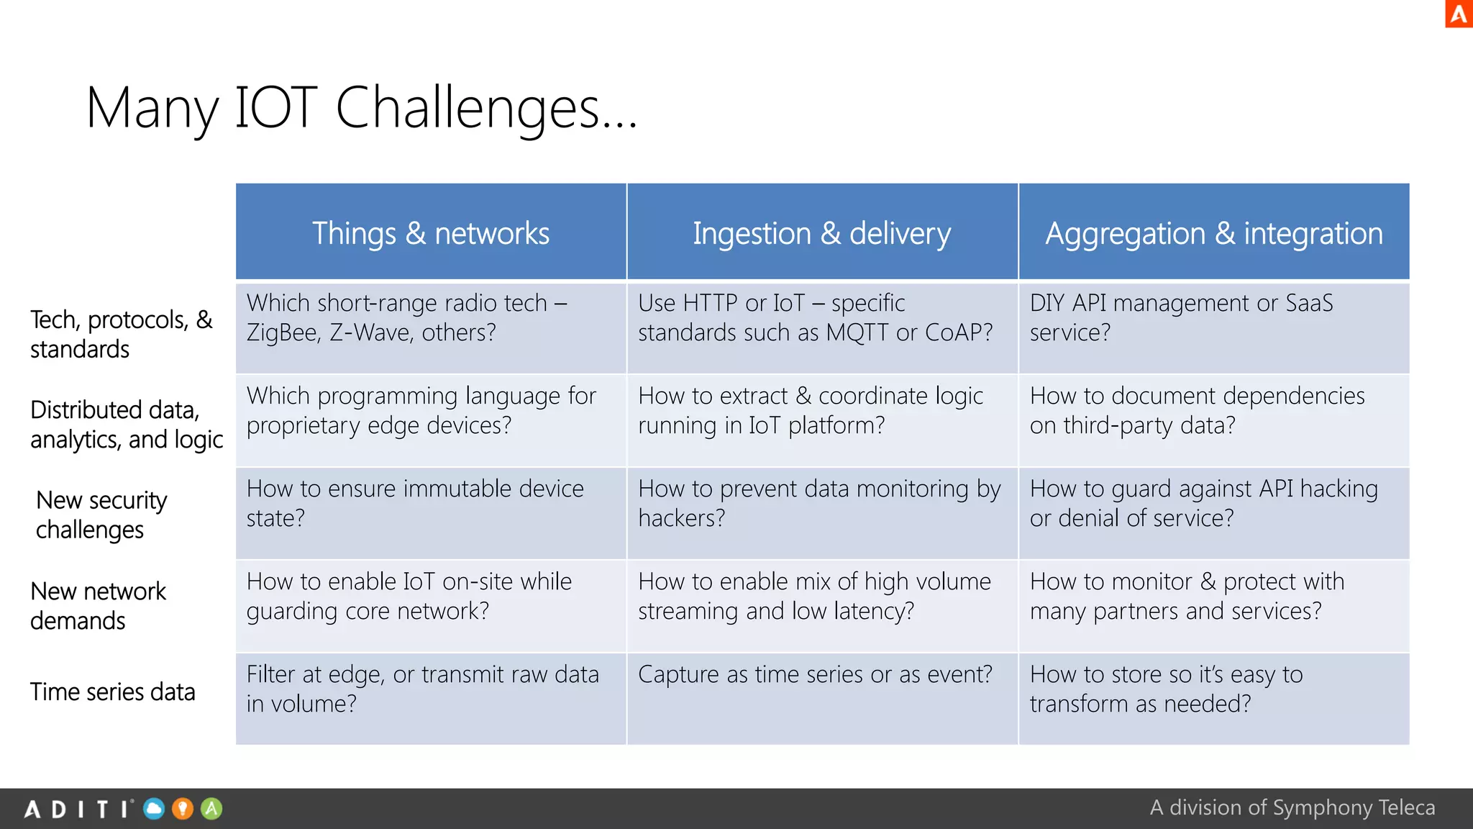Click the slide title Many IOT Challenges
(x=361, y=108)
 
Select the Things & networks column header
(x=430, y=233)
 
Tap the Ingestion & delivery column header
(x=821, y=233)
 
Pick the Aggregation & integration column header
(x=1213, y=233)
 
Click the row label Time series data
(x=113, y=692)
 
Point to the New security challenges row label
(x=101, y=515)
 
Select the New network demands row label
(x=98, y=605)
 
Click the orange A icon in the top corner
(x=1459, y=14)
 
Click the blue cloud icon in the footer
(x=154, y=809)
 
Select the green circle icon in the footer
(x=211, y=809)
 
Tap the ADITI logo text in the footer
(x=78, y=810)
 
